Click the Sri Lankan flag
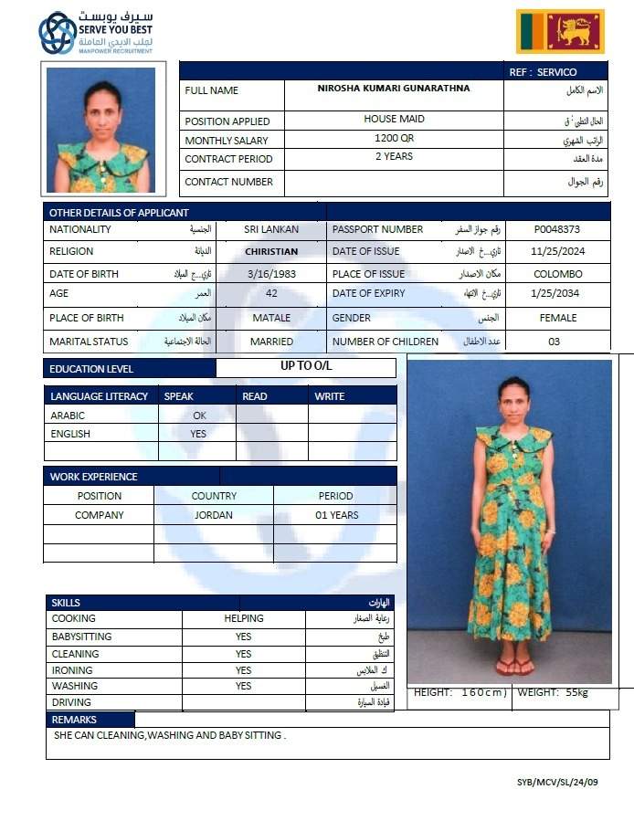560,32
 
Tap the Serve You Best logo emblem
57,32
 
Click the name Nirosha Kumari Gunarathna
394,89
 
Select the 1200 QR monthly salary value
394,138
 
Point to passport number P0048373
557,230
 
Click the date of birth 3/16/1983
271,274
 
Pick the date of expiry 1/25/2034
557,293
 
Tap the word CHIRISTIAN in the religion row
271,252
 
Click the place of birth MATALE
271,318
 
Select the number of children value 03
555,342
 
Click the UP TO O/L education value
306,366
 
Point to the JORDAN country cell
214,515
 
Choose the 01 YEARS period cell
336,515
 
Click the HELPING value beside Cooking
244,618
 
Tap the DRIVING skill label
71,702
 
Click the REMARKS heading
75,720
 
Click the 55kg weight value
576,693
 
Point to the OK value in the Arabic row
199,416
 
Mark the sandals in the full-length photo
514,667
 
